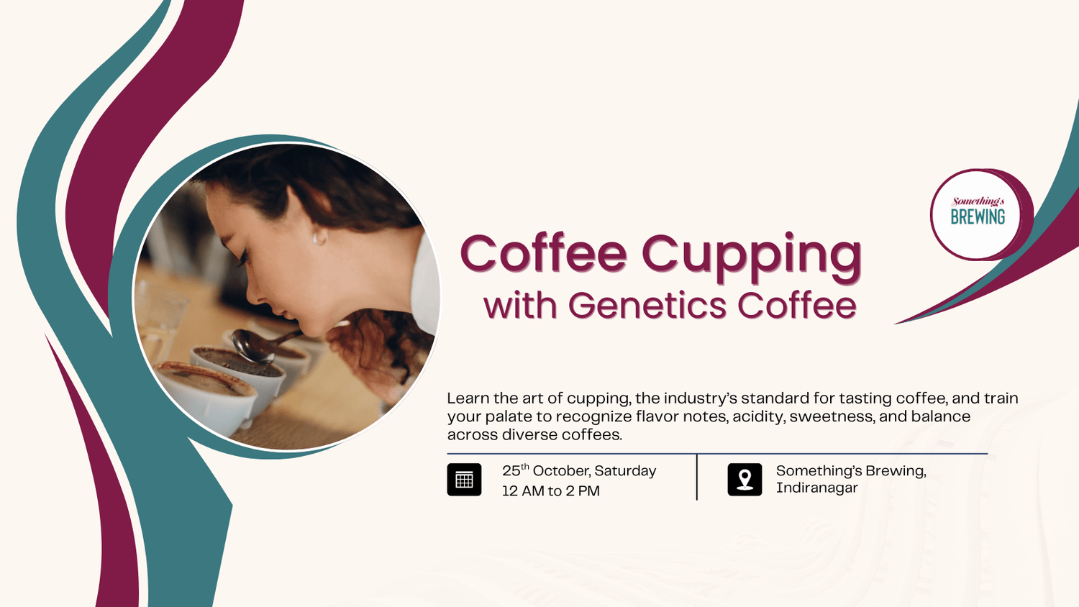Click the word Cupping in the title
pos(751,255)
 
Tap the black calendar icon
pos(464,480)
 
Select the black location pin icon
pos(745,480)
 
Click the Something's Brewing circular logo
pos(978,214)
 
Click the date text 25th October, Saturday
pos(579,471)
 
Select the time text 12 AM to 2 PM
pos(551,491)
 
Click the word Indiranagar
pos(816,488)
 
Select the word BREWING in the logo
pos(978,217)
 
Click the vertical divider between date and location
pos(696,477)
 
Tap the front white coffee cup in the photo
pos(205,392)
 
